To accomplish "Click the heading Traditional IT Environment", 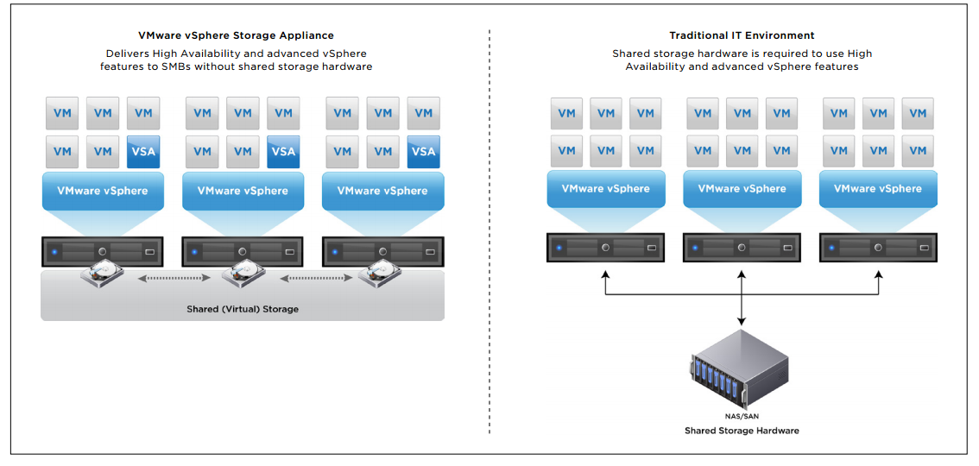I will coord(742,35).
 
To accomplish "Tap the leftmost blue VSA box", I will coord(143,151).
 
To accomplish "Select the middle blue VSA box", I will coord(283,151).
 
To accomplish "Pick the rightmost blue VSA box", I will coord(423,151).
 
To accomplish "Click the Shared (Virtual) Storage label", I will coord(243,309).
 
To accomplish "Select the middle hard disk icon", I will coord(243,275).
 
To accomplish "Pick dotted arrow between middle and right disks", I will coord(313,279).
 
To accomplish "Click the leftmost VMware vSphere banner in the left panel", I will coord(103,191).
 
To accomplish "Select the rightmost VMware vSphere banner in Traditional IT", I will coord(877,188).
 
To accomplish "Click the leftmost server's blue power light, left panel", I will coord(54,252).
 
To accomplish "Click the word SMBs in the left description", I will coord(179,66).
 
